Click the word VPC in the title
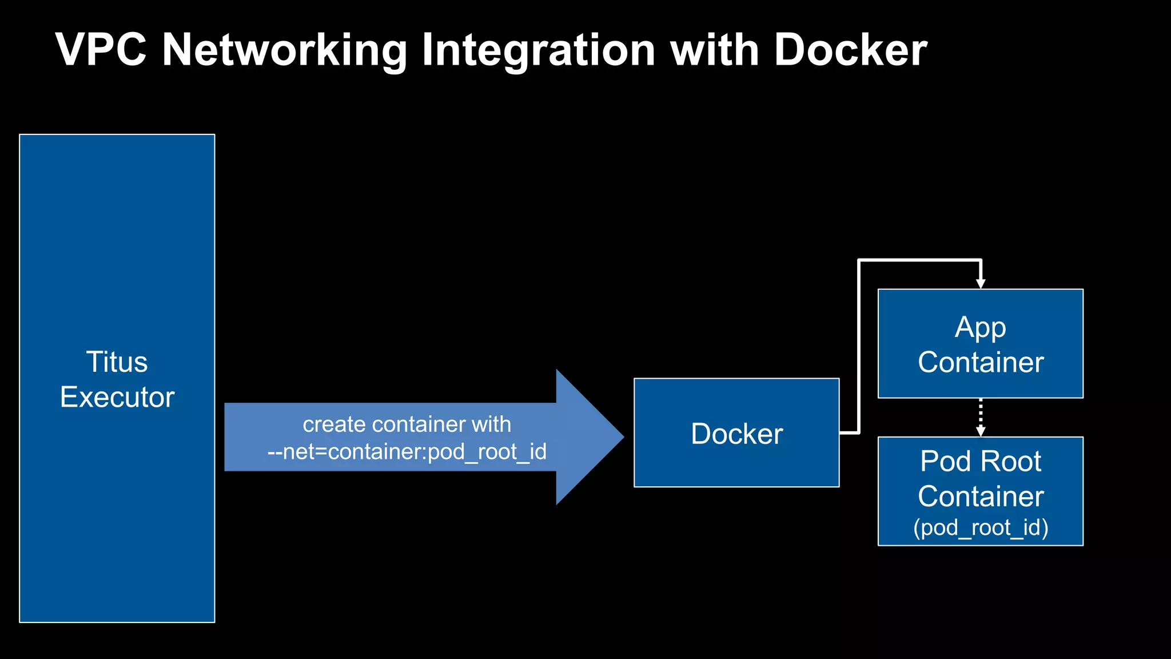tap(101, 50)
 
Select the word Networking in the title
tap(284, 50)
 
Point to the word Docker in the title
tap(850, 50)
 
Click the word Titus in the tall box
tap(117, 362)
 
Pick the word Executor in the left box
tap(117, 397)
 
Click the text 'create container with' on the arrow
tap(407, 424)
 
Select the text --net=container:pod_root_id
tap(407, 452)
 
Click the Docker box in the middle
tap(736, 433)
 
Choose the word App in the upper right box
tap(980, 328)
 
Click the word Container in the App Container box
tap(980, 363)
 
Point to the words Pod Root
tap(980, 461)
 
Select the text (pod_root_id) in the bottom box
tap(980, 527)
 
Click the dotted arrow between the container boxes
tap(981, 416)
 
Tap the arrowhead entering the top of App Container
tap(981, 284)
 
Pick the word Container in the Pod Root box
tap(980, 496)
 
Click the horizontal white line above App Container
tap(919, 261)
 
